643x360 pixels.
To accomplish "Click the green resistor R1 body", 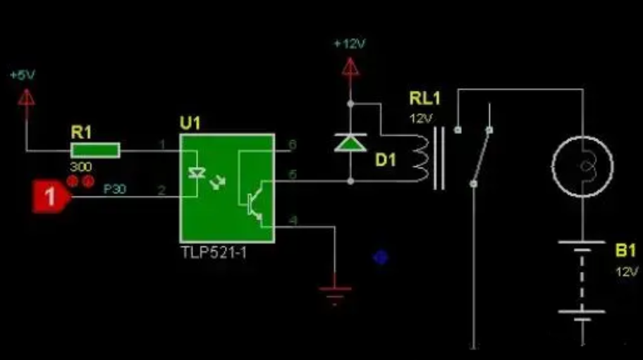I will click(95, 149).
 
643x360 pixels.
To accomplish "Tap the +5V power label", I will click(23, 75).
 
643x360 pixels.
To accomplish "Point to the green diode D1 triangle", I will click(350, 143).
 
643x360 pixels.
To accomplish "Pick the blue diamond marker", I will click(381, 257).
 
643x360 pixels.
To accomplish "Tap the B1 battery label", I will click(625, 251).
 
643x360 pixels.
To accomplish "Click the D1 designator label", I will click(386, 160).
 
